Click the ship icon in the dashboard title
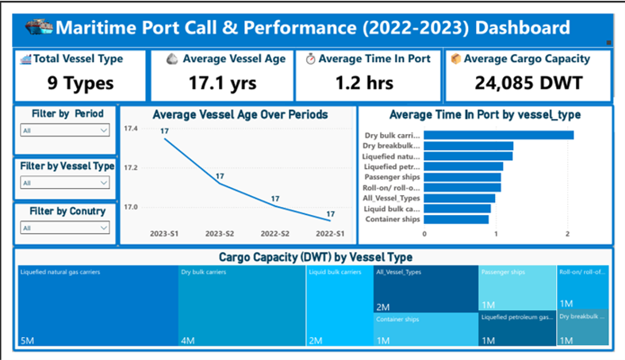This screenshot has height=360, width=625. click(39, 28)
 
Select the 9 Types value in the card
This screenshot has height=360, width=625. click(80, 82)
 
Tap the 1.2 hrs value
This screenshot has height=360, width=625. click(368, 82)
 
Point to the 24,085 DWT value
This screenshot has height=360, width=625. click(527, 82)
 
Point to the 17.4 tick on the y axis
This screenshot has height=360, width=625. click(132, 128)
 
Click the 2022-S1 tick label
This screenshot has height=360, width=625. click(331, 234)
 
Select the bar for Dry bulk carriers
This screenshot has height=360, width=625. click(499, 135)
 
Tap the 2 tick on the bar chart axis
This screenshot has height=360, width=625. click(568, 234)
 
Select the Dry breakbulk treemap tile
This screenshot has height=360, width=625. click(583, 328)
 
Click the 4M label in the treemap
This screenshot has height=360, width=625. click(187, 341)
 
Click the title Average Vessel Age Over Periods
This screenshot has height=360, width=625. click(240, 115)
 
